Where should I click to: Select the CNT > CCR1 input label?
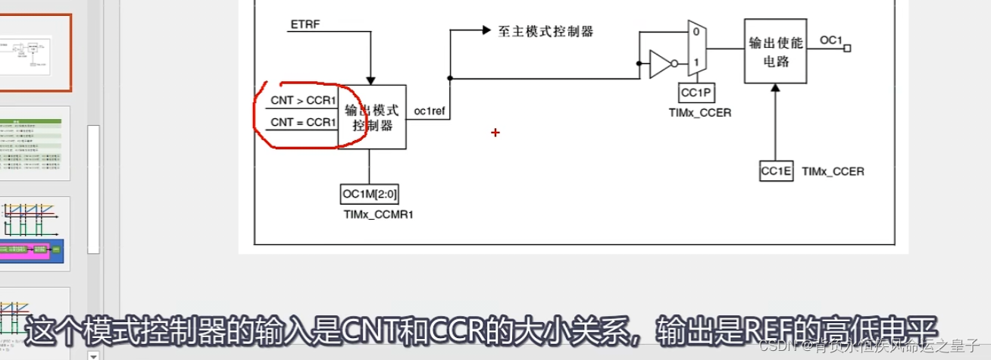pos(302,100)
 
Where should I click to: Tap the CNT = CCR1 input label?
pos(302,122)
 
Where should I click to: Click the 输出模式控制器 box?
pos(372,117)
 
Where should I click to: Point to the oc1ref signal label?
pos(429,111)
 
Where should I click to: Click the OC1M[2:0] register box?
pos(370,194)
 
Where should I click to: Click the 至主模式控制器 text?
pos(546,31)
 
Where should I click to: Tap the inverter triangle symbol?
pos(660,65)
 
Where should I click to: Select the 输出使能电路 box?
pos(776,51)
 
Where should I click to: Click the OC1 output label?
pos(831,40)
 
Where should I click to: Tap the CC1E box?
pos(776,171)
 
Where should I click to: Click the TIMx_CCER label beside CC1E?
pos(833,172)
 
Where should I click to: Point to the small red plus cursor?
pos(495,133)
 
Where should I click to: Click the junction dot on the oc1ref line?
pos(450,78)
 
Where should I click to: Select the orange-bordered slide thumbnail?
pos(36,52)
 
